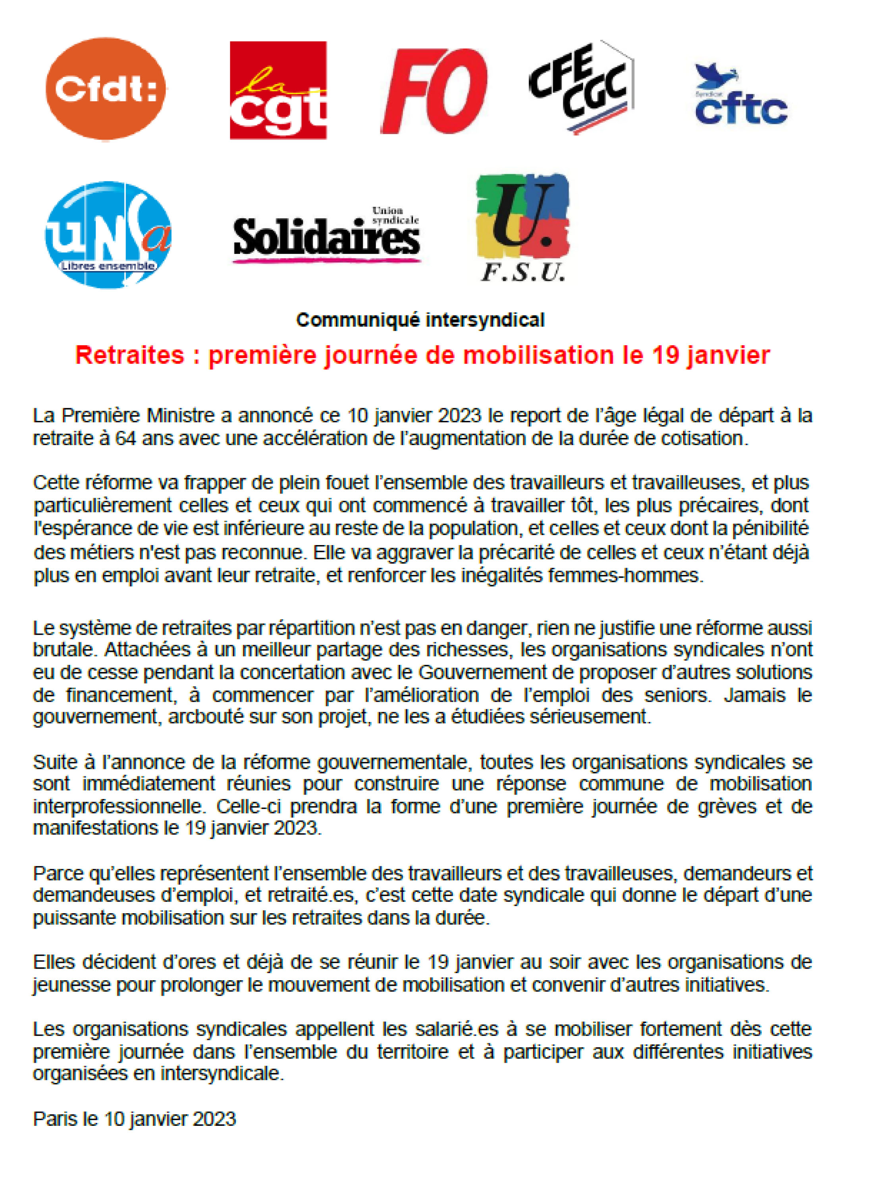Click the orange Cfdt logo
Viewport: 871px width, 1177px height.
click(x=106, y=88)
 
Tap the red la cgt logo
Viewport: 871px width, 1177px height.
click(x=278, y=90)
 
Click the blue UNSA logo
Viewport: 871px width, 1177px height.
click(x=108, y=235)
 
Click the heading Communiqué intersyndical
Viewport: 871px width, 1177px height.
click(x=420, y=320)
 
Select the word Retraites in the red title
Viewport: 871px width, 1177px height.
click(x=130, y=355)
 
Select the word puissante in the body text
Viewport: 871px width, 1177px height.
click(x=75, y=917)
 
